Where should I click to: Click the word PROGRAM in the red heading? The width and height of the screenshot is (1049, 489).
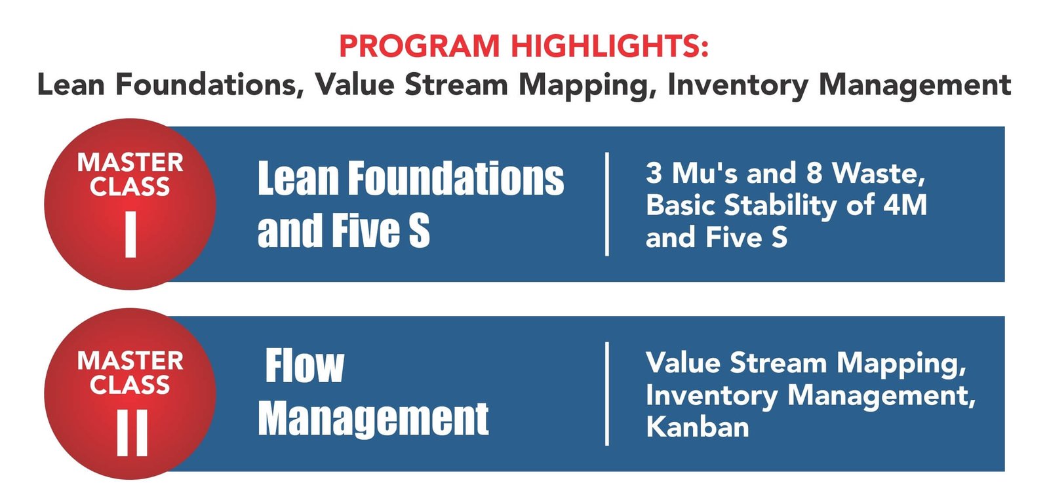420,46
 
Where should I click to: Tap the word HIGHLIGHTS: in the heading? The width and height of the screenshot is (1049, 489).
610,46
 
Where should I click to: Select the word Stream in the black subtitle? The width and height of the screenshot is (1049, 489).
456,85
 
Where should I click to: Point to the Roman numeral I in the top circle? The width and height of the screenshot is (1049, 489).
130,234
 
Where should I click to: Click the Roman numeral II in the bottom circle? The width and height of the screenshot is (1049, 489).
132,433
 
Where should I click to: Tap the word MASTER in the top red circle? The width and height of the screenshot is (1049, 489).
130,163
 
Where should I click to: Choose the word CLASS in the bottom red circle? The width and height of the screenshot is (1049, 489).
130,385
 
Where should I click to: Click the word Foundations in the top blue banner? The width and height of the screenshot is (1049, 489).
456,178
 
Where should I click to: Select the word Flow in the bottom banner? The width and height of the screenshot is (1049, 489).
305,366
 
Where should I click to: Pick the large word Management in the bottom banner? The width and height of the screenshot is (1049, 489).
373,420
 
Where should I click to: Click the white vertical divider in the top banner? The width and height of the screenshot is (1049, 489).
607,205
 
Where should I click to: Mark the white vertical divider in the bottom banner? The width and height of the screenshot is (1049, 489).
607,393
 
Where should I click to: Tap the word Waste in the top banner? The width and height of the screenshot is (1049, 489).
879,173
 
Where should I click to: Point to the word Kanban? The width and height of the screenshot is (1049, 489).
698,427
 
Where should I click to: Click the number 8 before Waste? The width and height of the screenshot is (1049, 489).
814,173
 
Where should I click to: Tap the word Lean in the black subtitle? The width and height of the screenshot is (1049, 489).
71,85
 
